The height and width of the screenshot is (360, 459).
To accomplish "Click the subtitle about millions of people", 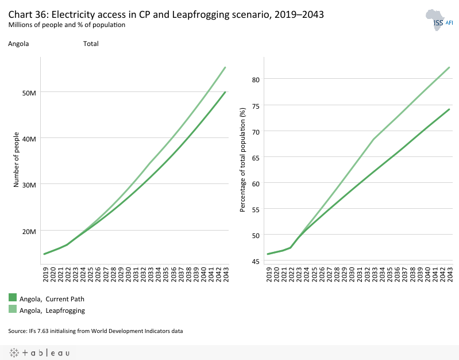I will [x=67, y=25].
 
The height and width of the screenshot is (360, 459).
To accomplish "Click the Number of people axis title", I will [x=17, y=160].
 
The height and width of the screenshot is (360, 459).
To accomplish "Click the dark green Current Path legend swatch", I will [x=13, y=298].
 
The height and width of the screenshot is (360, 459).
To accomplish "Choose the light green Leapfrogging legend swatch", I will [x=13, y=309].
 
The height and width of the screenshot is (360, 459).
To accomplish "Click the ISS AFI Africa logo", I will [x=438, y=21].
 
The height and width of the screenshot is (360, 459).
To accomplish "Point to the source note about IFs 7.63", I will [x=95, y=331].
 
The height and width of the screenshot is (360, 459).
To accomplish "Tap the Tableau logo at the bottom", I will [x=39, y=353].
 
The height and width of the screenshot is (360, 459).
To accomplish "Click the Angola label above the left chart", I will [x=18, y=44].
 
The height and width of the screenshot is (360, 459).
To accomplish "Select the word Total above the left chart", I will [x=91, y=44].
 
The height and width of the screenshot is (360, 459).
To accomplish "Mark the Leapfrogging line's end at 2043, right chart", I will [x=449, y=67].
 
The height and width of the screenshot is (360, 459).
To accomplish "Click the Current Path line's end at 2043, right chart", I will [x=449, y=109].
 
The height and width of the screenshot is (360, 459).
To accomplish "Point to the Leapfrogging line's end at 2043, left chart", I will [x=225, y=67].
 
